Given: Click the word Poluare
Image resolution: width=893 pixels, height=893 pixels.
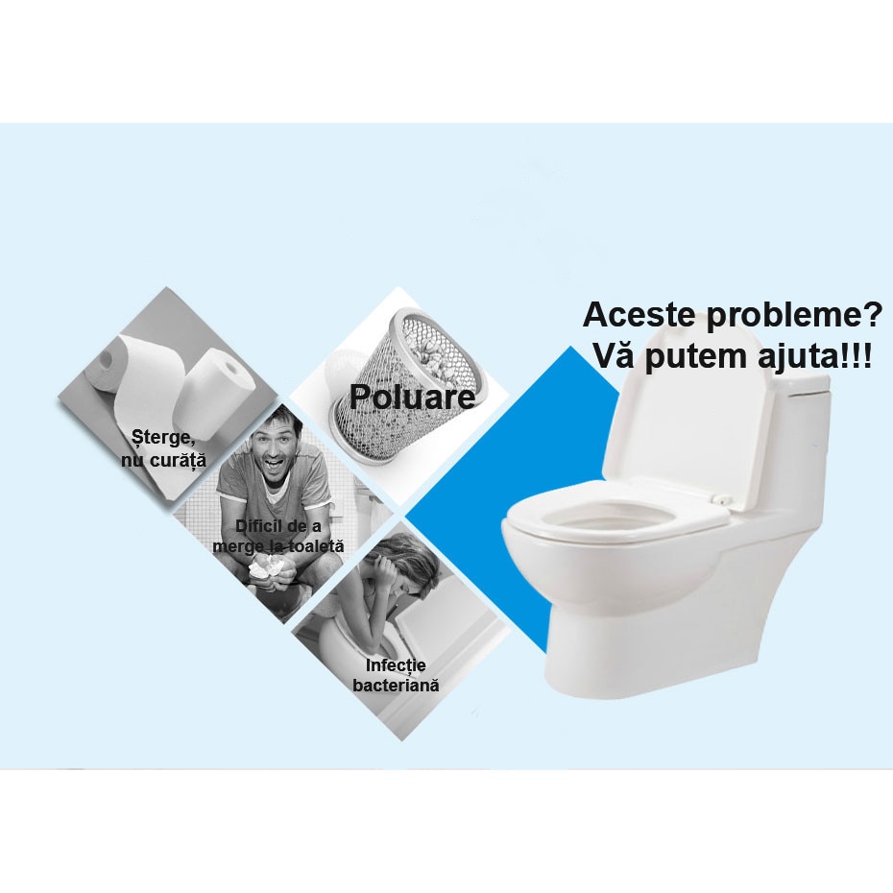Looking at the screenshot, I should click(x=412, y=396).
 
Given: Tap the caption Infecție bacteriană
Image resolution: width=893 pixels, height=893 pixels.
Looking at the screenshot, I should click(x=396, y=675).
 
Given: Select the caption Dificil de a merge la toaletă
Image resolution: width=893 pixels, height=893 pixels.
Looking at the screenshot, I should click(x=278, y=536).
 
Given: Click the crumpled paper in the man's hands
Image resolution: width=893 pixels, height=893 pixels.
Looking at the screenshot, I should click(x=265, y=571).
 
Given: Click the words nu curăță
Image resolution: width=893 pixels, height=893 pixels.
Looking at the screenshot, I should click(x=163, y=461).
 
